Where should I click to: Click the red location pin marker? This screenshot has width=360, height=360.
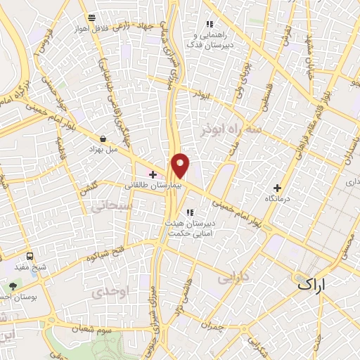[x=181, y=165]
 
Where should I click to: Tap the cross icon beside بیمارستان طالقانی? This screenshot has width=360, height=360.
[x=153, y=173]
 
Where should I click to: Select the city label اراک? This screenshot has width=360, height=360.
[x=312, y=284]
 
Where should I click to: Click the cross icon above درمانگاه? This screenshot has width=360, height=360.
[x=278, y=188]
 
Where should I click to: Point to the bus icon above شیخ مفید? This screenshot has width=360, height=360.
[x=30, y=257]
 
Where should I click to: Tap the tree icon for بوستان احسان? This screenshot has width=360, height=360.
[x=13, y=285]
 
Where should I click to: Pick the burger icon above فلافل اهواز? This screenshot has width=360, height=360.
[x=91, y=17]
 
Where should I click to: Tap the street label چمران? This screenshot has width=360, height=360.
[x=210, y=326]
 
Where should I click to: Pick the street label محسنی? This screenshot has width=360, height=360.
[x=347, y=243]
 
